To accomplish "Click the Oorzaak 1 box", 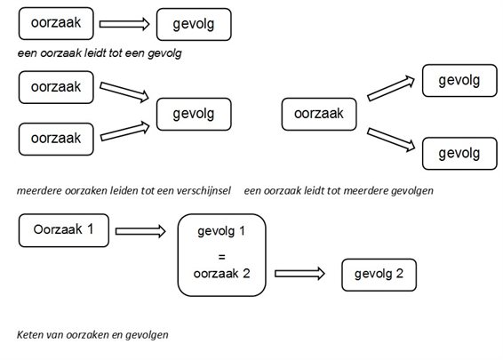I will pos(63,230).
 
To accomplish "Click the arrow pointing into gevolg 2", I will pos(305,274).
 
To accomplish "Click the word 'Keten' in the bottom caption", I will pos(31,335).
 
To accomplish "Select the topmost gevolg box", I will pos(194,24).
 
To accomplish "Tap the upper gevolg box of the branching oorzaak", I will pos(459,81).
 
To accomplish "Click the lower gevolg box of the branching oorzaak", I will pos(459,153).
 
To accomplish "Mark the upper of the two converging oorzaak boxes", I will pos(56,87).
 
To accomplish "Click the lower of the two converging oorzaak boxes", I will pos(56,138).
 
